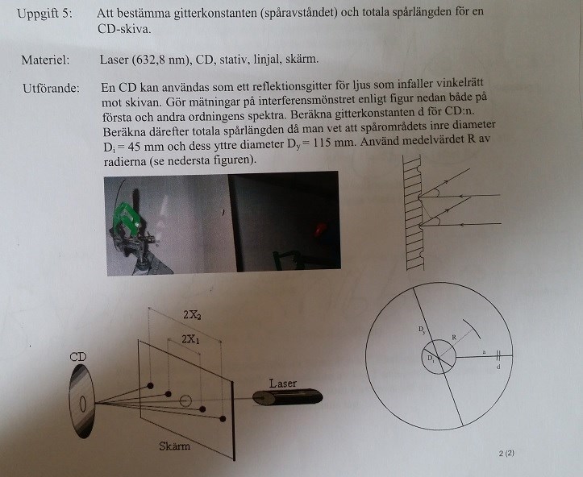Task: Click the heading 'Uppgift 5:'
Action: coord(44,14)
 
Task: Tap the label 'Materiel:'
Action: coord(45,60)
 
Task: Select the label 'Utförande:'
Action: coord(51,89)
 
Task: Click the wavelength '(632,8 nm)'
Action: coord(160,60)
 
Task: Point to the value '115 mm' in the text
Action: coord(333,142)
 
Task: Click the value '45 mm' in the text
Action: coord(145,146)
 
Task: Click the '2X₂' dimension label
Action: coord(192,315)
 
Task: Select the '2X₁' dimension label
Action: coord(190,338)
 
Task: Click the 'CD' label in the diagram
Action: coord(78,357)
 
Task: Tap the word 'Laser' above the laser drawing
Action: coord(283,383)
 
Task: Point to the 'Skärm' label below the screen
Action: coord(175,446)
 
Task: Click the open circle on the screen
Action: coord(185,400)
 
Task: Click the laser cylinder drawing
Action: coord(287,397)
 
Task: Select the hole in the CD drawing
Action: coord(83,404)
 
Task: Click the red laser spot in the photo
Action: coord(320,229)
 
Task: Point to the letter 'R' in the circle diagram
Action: coord(454,338)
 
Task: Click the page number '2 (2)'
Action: coord(506,453)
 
